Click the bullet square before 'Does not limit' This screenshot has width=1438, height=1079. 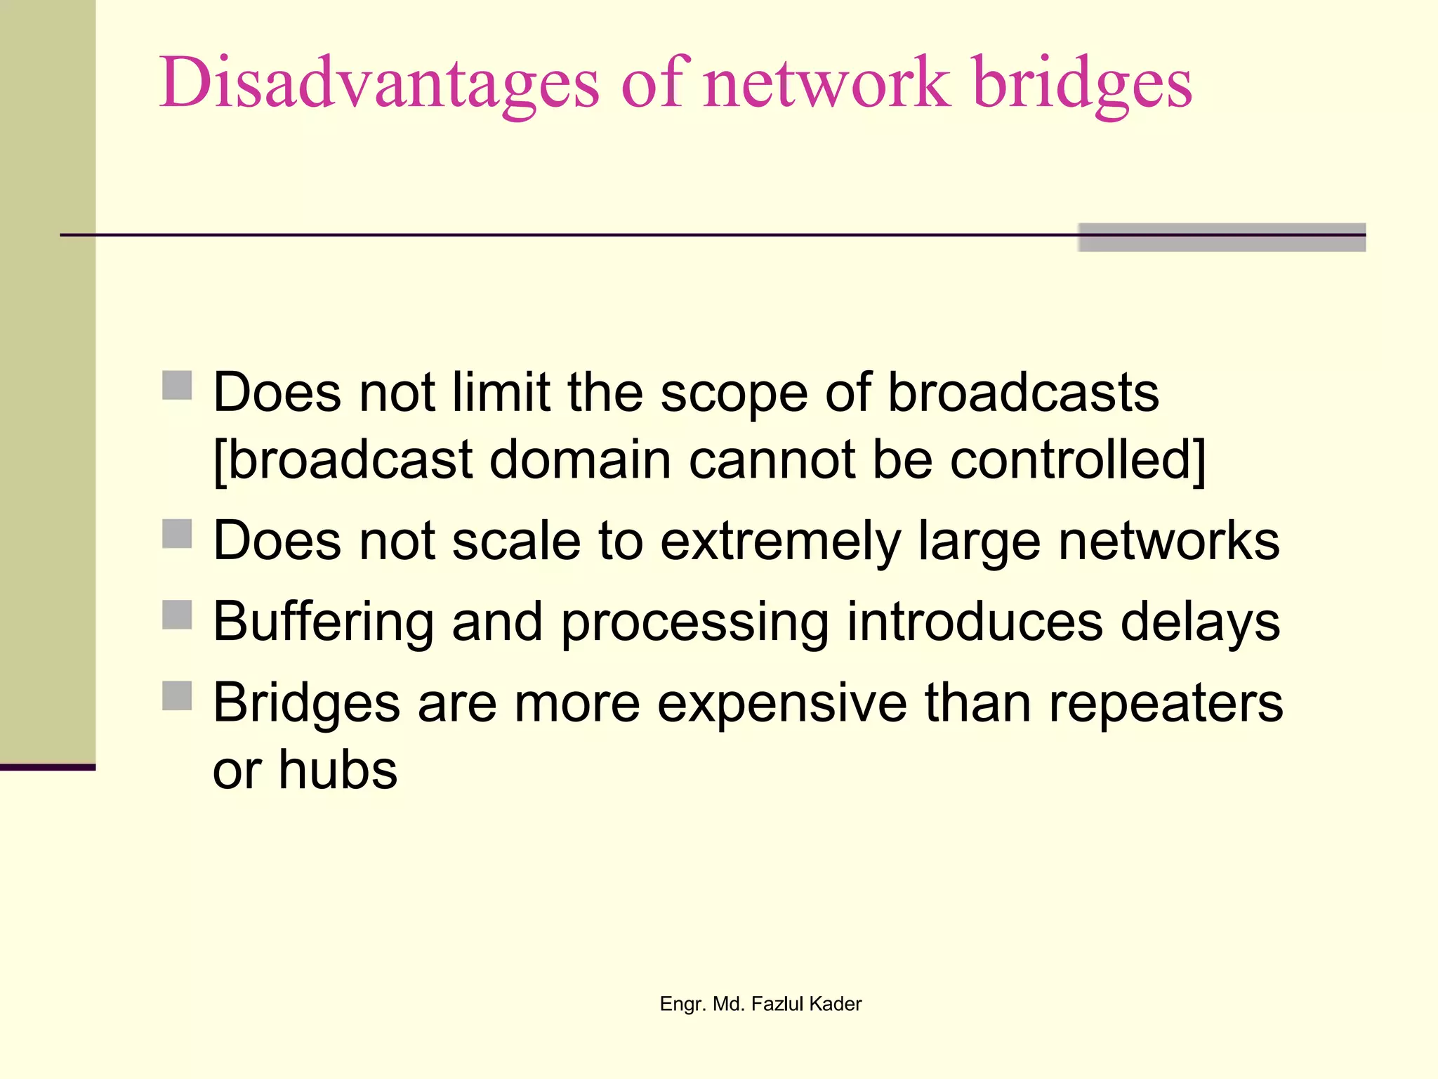click(177, 385)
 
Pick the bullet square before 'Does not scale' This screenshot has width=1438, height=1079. click(177, 534)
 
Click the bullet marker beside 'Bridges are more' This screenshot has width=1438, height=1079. click(177, 696)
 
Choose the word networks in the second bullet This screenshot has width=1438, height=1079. click(1168, 541)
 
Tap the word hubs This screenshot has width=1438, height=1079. click(338, 769)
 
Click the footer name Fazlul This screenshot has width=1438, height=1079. click(777, 1004)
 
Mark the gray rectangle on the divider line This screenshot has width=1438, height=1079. click(1222, 237)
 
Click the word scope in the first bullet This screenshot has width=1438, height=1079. click(734, 393)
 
